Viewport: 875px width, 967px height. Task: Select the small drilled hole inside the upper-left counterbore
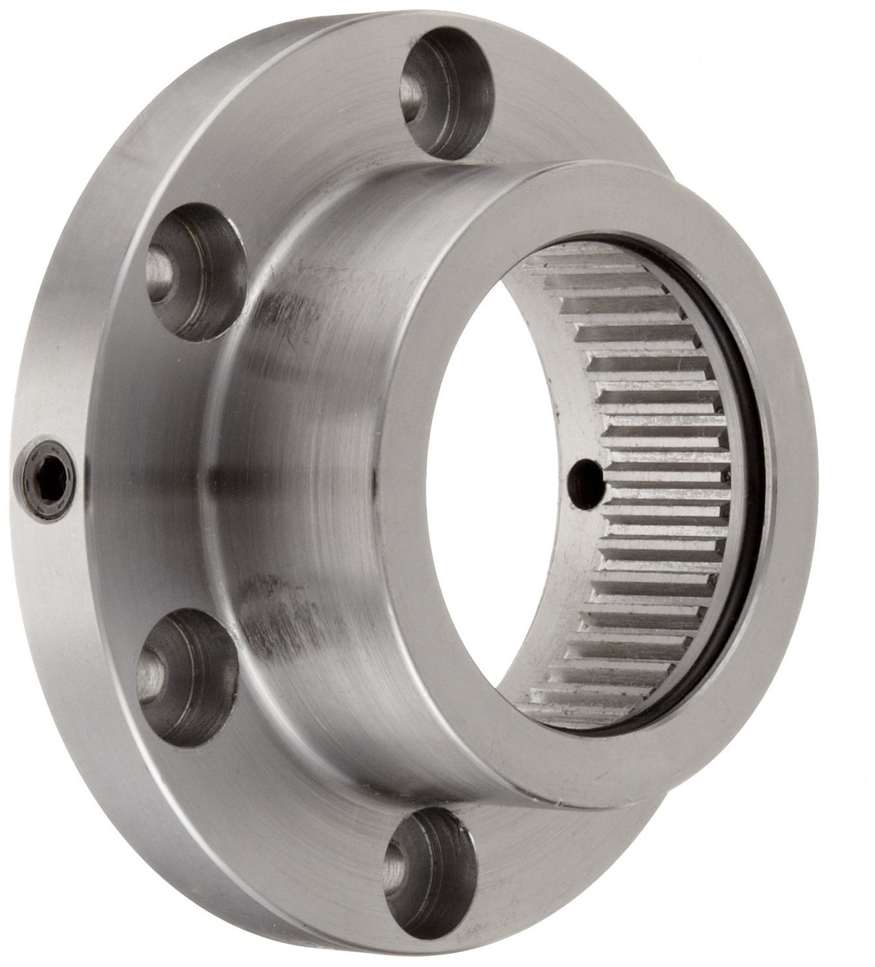tap(160, 268)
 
